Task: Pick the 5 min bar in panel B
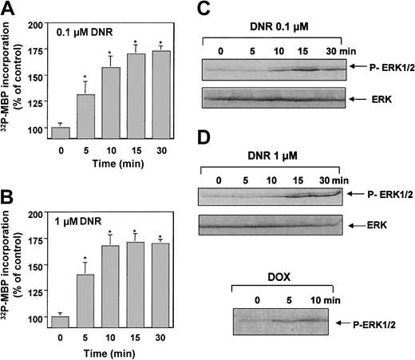click(x=107, y=296)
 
